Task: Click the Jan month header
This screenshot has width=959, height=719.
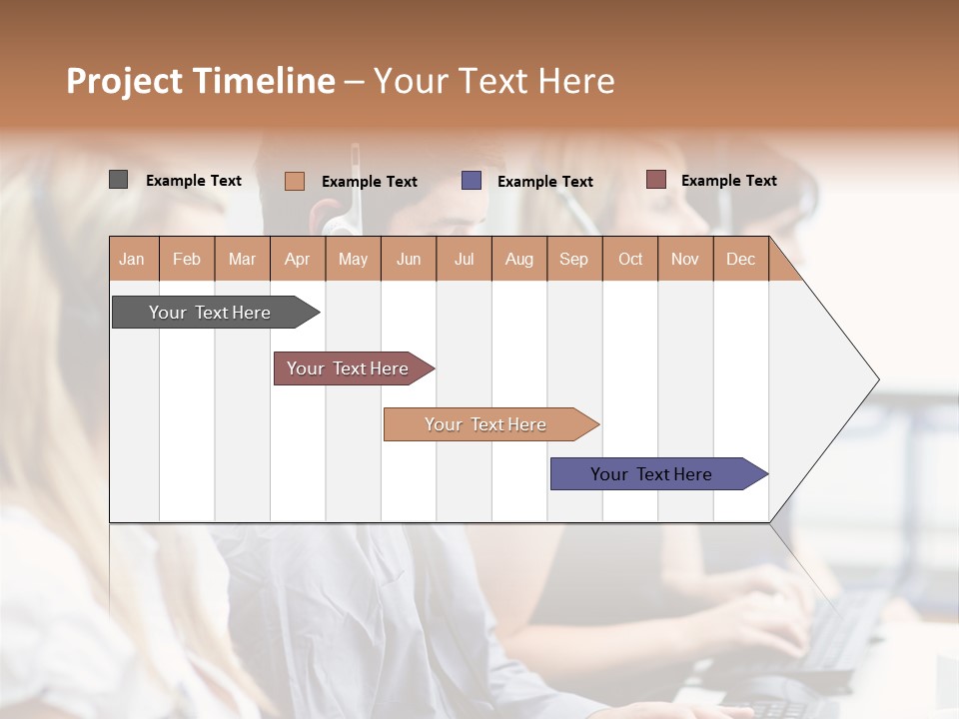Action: tap(133, 259)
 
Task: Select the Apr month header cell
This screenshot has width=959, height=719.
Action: tap(298, 259)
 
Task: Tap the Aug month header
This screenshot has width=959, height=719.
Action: tap(519, 259)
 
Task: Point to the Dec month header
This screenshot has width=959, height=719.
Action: tap(740, 259)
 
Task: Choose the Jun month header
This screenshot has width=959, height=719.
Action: tap(409, 259)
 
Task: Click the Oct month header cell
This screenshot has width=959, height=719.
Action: tap(630, 259)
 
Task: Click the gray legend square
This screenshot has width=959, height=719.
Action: tap(118, 180)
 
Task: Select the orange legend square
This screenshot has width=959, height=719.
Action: tap(295, 181)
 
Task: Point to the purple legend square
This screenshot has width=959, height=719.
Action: tap(472, 181)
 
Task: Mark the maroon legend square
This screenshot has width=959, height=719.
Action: tap(656, 180)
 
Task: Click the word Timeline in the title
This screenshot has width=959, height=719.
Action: tap(264, 81)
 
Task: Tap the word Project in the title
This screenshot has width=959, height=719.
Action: tap(125, 81)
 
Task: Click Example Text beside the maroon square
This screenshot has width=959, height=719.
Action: tap(728, 181)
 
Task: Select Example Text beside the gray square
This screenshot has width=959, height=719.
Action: tap(194, 181)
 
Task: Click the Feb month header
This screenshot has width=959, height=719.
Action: tap(187, 259)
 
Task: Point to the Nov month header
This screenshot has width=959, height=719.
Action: tap(685, 259)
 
